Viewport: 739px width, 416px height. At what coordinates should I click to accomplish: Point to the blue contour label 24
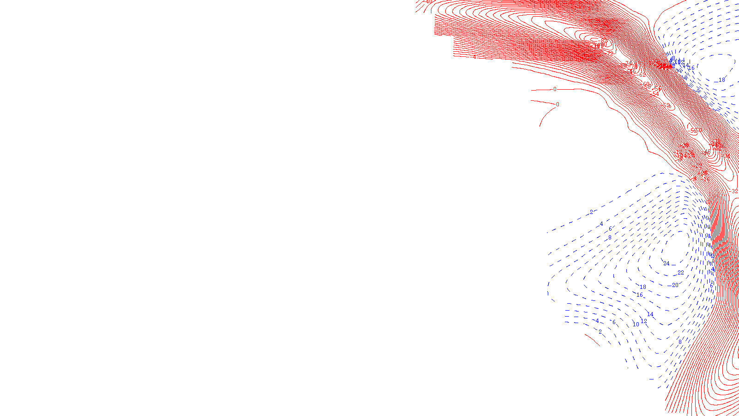[666, 263]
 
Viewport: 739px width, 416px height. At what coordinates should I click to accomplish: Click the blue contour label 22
[680, 273]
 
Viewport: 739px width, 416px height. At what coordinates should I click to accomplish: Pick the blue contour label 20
[675, 285]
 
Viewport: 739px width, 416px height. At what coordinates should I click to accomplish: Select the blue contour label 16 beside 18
[640, 295]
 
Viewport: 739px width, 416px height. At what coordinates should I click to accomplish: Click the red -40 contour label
[428, 2]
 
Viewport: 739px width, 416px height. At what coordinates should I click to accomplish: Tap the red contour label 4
[474, 57]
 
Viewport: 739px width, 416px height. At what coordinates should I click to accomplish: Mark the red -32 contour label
[733, 191]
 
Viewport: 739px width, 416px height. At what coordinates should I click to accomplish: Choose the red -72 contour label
[610, 53]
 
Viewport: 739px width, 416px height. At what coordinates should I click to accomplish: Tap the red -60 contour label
[645, 84]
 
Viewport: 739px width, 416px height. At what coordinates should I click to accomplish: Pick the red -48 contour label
[706, 152]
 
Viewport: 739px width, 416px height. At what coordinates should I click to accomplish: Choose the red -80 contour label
[603, 44]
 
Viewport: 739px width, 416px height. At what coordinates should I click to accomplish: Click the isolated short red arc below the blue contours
[593, 340]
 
